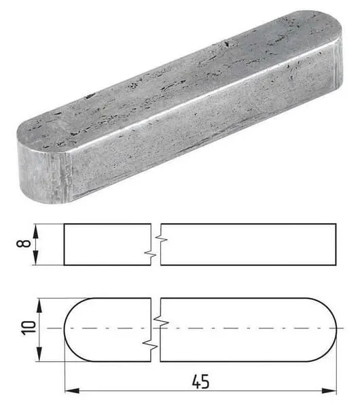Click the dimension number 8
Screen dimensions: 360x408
pos(23,243)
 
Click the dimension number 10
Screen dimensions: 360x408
pos(28,328)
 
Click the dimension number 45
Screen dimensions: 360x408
pos(200,381)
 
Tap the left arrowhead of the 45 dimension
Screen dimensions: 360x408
pos(72,390)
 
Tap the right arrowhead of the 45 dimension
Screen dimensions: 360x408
pos(329,390)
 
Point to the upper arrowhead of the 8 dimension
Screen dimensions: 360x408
pos(35,231)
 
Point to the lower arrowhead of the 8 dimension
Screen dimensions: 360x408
pos(35,258)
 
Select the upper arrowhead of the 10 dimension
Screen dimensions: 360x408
pos(39,306)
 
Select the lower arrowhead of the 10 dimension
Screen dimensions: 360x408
pos(39,354)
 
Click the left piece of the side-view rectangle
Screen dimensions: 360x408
pos(107,244)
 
